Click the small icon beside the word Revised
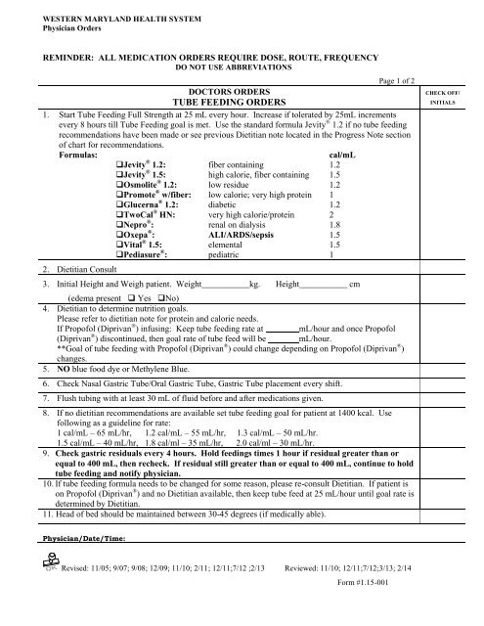point(44,590)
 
